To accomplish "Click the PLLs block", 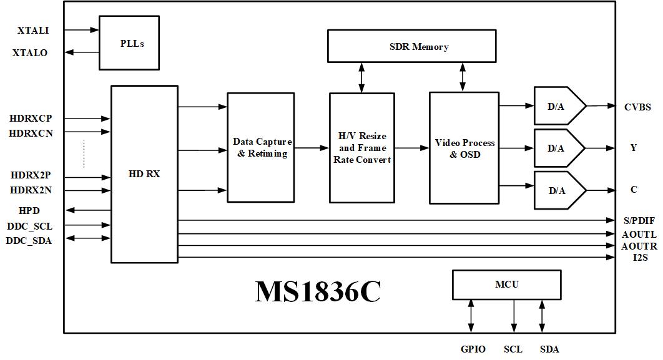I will point(132,42).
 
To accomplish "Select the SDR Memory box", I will point(411,46).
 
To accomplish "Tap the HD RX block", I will point(144,174).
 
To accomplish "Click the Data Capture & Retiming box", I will point(261,147).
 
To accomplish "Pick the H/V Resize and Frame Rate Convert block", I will point(361,148).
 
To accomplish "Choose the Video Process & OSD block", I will point(464,148).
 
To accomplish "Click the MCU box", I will point(506,285).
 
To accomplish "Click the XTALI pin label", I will point(34,30).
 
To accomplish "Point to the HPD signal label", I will point(30,210).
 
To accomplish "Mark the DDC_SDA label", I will point(29,240).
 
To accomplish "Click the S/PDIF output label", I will point(639,220).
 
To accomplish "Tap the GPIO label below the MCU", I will point(473,349).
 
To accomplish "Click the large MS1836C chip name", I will point(318,291).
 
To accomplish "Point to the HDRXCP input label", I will point(31,118).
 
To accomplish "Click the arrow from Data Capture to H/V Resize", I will point(312,148).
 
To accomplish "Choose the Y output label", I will point(634,148).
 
